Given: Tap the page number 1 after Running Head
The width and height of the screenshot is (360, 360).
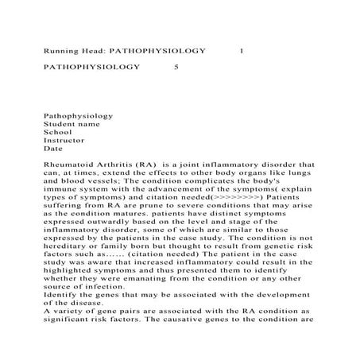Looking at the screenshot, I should tap(242, 50).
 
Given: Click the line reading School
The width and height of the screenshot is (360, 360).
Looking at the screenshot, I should tap(57, 132).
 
